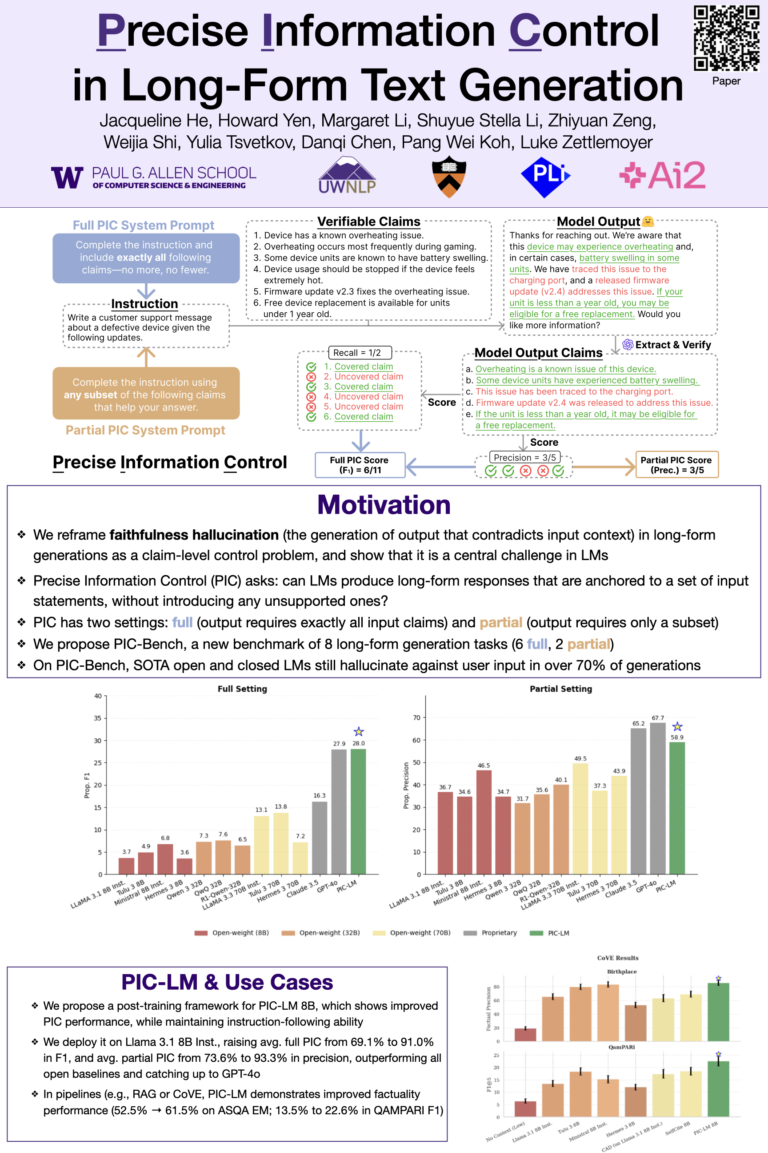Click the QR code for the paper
click(726, 38)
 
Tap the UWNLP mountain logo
click(347, 176)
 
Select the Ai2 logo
click(663, 175)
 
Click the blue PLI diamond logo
click(545, 177)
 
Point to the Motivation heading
click(384, 505)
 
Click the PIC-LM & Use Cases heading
click(227, 982)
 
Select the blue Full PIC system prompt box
click(146, 258)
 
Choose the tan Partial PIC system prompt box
click(146, 394)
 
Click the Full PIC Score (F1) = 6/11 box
click(360, 465)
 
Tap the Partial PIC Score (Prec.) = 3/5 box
click(676, 465)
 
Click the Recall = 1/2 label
click(359, 352)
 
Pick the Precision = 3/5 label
click(524, 457)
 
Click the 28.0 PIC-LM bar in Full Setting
click(358, 812)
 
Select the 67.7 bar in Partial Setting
click(658, 798)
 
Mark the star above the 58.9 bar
click(677, 726)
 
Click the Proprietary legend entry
click(491, 933)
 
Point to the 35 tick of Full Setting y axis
click(98, 718)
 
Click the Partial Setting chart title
click(561, 689)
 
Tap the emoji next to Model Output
click(648, 222)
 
